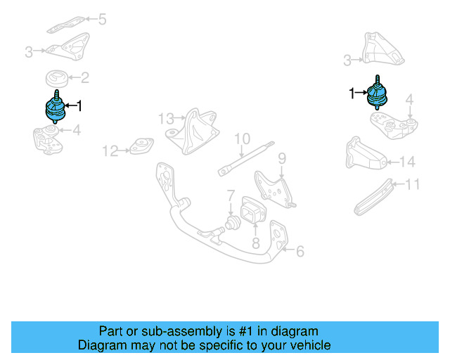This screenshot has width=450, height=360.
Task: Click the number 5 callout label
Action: click(102, 19)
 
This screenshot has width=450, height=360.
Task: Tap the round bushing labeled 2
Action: click(56, 78)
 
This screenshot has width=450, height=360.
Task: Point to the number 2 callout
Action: click(84, 78)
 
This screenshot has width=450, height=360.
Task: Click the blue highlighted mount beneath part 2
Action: click(55, 110)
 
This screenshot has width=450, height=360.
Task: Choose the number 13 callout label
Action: click(165, 117)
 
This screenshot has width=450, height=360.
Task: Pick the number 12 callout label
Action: click(109, 150)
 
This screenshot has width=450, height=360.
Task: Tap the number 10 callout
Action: click(242, 139)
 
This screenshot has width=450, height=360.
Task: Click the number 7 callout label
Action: click(230, 194)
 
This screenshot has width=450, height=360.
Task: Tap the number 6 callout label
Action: click(300, 250)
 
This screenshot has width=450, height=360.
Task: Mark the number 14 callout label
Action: click(407, 162)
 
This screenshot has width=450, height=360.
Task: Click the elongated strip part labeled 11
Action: click(375, 197)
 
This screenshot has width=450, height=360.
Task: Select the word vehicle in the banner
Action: click(309, 345)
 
